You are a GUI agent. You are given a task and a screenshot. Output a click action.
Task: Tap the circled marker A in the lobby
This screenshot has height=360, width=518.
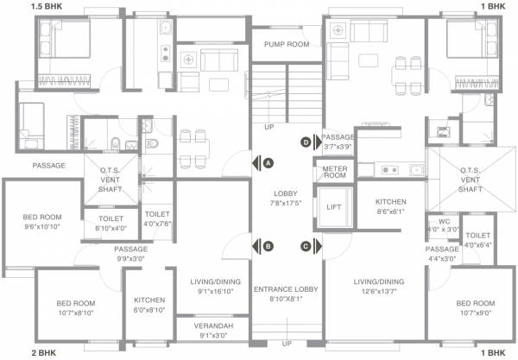268,162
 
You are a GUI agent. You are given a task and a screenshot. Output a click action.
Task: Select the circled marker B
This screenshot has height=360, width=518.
268,246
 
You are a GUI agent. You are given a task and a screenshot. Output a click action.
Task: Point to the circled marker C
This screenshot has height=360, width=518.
306,246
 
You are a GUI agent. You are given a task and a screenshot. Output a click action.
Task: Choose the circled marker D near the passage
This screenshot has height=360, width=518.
306,142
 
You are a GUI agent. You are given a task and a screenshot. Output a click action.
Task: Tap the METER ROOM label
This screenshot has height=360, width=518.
334,172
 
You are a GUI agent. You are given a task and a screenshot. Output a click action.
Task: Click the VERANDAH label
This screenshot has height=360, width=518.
213,326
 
